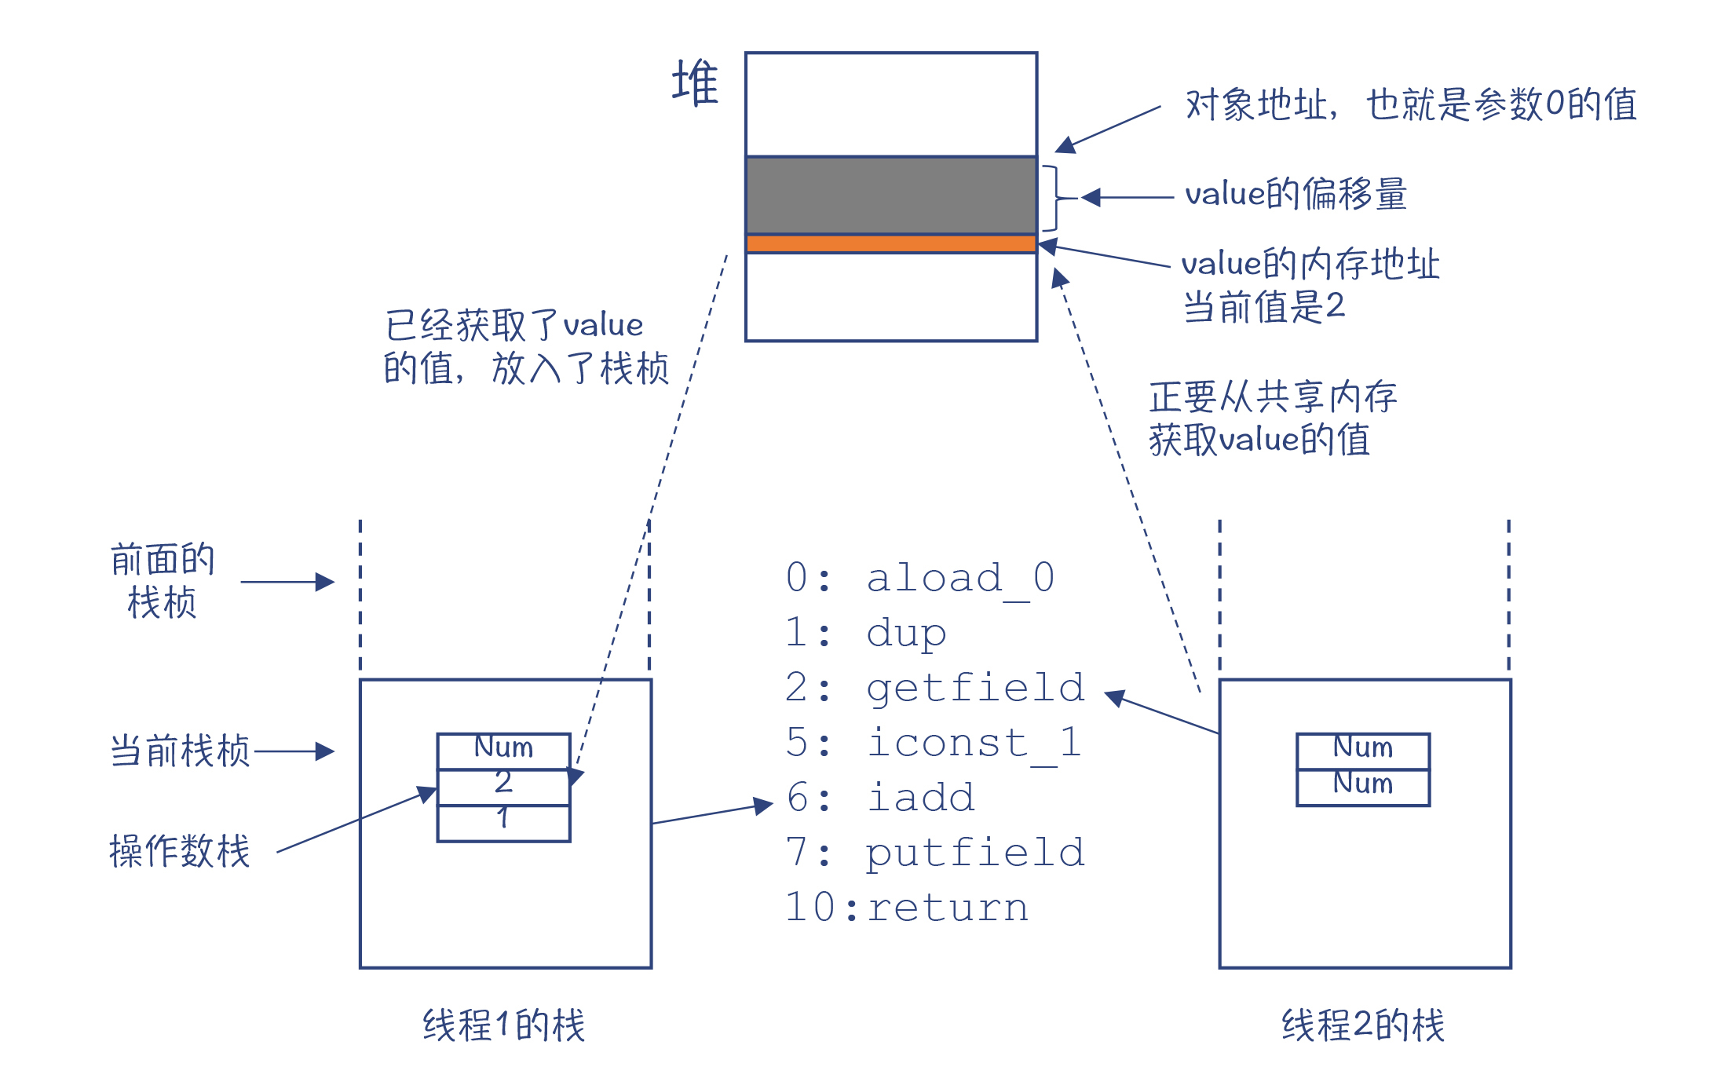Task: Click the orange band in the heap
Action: [x=891, y=243]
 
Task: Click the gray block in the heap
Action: [x=891, y=195]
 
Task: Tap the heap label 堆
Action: [x=695, y=82]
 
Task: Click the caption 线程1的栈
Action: [x=504, y=1025]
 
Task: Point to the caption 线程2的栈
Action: [x=1363, y=1025]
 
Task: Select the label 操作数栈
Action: [x=180, y=851]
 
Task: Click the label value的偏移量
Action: [x=1296, y=195]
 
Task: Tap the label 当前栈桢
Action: [x=180, y=751]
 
